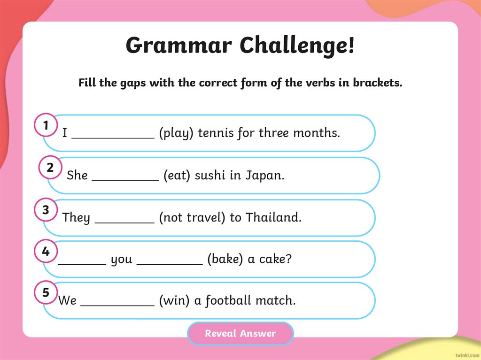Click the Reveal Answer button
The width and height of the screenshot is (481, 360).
click(x=240, y=334)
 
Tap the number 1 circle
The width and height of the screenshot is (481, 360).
click(x=46, y=126)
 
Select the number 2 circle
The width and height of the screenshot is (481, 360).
click(x=50, y=168)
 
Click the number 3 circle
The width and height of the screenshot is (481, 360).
click(x=46, y=210)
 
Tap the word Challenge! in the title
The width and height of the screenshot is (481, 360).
click(x=297, y=46)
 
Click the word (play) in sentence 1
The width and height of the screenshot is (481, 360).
click(x=176, y=133)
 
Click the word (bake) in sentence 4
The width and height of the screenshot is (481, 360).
click(x=225, y=260)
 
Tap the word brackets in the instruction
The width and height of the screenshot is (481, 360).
click(x=378, y=83)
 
